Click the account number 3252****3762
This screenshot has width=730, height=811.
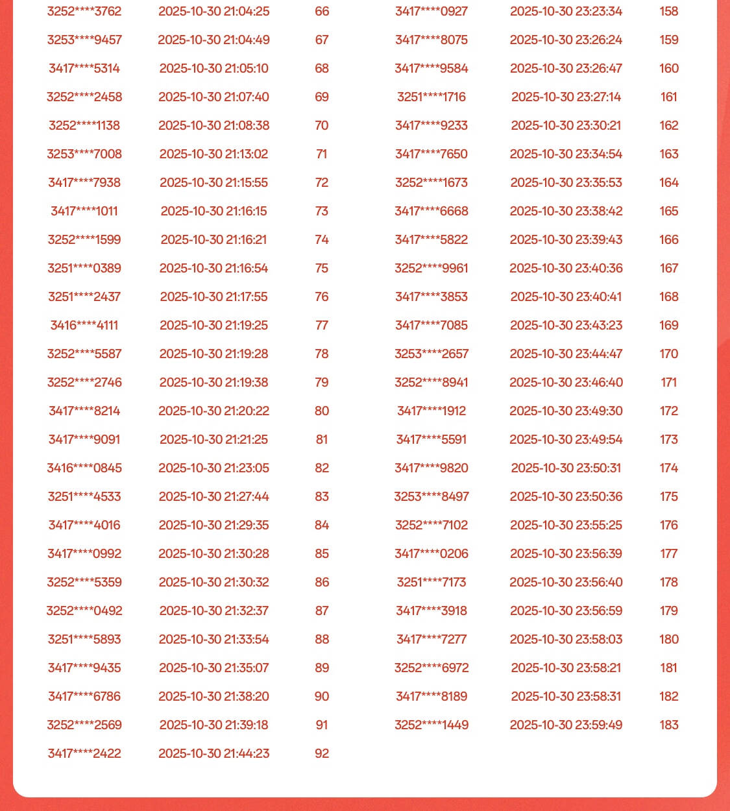84,11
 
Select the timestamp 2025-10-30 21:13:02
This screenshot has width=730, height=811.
213,154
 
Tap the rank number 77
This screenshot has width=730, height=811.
322,325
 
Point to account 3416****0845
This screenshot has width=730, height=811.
84,468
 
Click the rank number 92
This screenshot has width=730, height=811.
322,753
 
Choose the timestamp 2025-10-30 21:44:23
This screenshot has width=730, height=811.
213,753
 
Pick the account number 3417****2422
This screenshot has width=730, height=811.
84,753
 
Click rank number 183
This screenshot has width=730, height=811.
669,725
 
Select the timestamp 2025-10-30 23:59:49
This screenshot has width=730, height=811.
566,725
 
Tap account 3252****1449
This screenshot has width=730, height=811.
432,725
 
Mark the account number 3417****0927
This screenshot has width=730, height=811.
432,11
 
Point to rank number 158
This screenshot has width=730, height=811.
669,11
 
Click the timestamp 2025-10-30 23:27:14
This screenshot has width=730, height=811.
566,97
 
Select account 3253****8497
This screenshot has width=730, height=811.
432,496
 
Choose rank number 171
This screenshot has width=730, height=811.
669,382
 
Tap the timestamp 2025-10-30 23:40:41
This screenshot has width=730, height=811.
566,297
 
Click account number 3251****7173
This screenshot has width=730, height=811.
432,582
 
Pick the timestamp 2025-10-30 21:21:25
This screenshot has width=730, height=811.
213,439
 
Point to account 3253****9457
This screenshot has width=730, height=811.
84,40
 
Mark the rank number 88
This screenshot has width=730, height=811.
322,639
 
